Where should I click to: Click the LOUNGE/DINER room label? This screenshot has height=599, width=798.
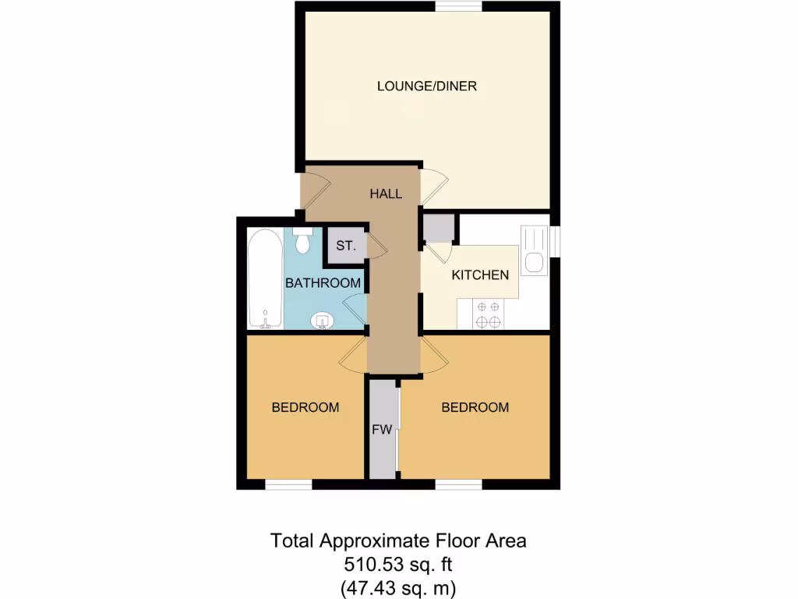(x=426, y=86)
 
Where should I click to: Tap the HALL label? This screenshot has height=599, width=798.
(x=386, y=193)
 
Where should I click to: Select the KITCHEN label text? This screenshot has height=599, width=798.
(x=480, y=275)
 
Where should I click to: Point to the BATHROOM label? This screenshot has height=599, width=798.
(x=322, y=282)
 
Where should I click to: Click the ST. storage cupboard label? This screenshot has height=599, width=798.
(x=345, y=246)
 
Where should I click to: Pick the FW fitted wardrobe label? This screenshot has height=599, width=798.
(x=381, y=430)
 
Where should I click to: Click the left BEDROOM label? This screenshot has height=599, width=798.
(x=305, y=407)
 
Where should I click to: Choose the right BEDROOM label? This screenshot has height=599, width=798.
(x=475, y=407)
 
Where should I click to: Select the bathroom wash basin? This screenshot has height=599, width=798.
(x=322, y=321)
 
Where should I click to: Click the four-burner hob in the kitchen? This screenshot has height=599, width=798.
(x=489, y=314)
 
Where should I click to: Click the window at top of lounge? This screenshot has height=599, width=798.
(x=458, y=7)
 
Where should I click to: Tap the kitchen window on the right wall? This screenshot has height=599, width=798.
(x=555, y=241)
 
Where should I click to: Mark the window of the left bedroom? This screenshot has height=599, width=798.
(x=288, y=485)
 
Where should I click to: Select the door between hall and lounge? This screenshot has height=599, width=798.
(x=433, y=186)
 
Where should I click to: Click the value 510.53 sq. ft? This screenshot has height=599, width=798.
(x=398, y=563)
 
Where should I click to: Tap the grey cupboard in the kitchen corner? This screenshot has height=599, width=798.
(x=438, y=228)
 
